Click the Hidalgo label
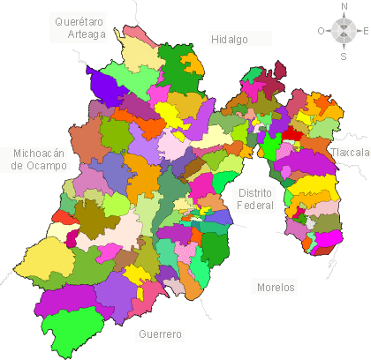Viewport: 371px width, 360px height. tap(230, 39)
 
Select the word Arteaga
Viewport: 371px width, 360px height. tap(87, 34)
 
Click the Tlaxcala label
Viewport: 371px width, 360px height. tap(350, 153)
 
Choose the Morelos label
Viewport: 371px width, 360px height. tap(276, 288)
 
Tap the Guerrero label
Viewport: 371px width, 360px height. tap(160, 334)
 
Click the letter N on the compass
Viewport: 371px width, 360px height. tap(344, 7)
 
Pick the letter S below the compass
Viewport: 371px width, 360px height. tap(344, 56)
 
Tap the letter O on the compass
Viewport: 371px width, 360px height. tap(322, 32)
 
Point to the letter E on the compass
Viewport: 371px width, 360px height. tap(365, 32)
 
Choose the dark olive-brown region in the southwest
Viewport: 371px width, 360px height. tap(90, 214)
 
